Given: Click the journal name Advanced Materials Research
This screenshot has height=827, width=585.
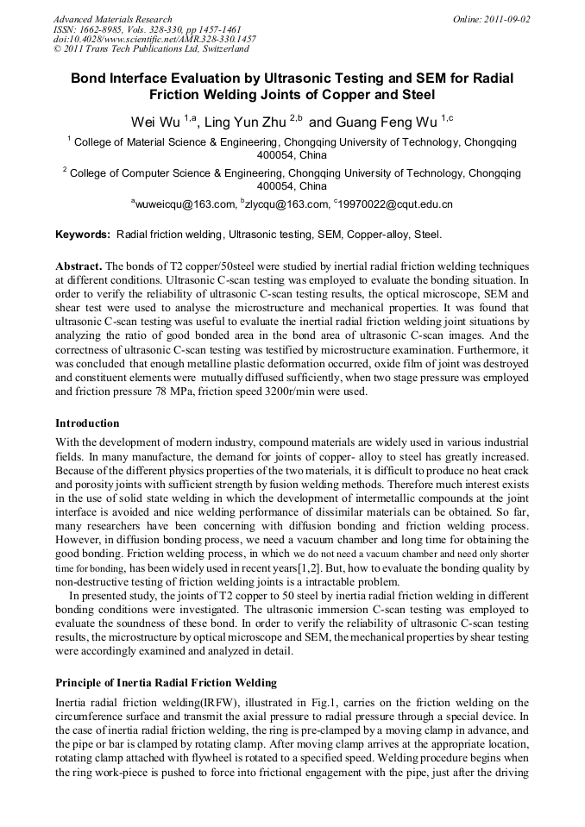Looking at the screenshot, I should [x=112, y=19].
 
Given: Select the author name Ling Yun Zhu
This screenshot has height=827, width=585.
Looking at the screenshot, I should [x=244, y=122].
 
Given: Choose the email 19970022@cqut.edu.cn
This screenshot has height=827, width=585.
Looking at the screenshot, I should [x=398, y=204].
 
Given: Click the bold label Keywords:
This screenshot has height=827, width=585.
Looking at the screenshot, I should [x=83, y=235].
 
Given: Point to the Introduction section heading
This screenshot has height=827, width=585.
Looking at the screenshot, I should [x=87, y=423].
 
